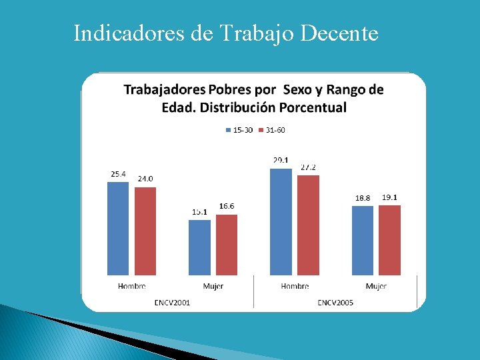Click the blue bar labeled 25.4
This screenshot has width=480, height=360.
[x=118, y=228]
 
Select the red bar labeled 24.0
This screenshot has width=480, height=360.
[x=145, y=231]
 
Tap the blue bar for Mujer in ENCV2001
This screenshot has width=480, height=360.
[x=199, y=247]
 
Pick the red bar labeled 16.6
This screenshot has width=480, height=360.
[x=227, y=245]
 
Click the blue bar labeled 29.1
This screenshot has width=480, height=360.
[x=281, y=221]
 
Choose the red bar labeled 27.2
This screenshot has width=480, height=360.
[x=308, y=225]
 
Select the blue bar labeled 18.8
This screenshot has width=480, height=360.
[x=363, y=240]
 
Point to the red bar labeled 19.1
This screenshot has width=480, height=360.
[x=389, y=240]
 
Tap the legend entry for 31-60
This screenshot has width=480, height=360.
[x=272, y=130]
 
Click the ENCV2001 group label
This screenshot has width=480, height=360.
[x=172, y=303]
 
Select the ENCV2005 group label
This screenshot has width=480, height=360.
[x=335, y=303]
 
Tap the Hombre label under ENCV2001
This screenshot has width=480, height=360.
[x=132, y=286]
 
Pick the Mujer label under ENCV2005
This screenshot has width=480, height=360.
[x=376, y=286]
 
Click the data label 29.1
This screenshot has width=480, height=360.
[x=281, y=160]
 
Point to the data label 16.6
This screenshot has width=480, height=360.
[x=227, y=207]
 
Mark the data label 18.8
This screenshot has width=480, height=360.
[x=363, y=198]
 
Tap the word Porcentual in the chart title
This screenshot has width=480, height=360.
[x=313, y=107]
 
